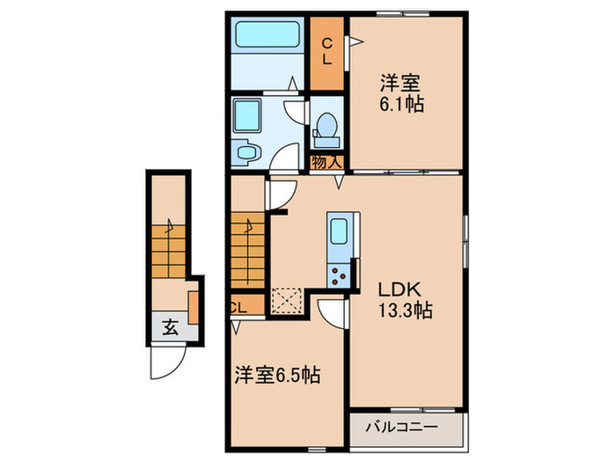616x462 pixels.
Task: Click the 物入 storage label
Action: [x=326, y=162]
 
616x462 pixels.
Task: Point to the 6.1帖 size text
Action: [x=402, y=105]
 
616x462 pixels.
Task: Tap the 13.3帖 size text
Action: [x=405, y=311]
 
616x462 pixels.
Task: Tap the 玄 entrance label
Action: [x=169, y=328]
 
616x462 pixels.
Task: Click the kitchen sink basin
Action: [x=338, y=234]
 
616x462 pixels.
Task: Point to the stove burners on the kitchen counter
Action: [x=338, y=275]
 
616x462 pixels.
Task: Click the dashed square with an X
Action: [x=287, y=299]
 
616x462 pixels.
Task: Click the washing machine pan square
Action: [x=246, y=116]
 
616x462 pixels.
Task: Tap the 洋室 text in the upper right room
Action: [x=400, y=84]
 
